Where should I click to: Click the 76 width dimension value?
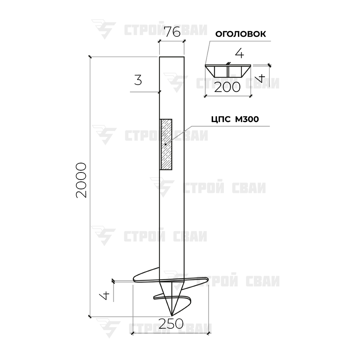point(173,32)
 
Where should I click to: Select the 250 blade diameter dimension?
point(171,324)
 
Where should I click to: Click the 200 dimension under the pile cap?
point(227,87)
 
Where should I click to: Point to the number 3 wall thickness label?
point(138,80)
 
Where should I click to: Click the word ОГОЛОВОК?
point(240,34)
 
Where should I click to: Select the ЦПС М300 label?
point(235,120)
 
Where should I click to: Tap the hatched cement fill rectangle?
point(166,144)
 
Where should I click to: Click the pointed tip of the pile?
point(171,315)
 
